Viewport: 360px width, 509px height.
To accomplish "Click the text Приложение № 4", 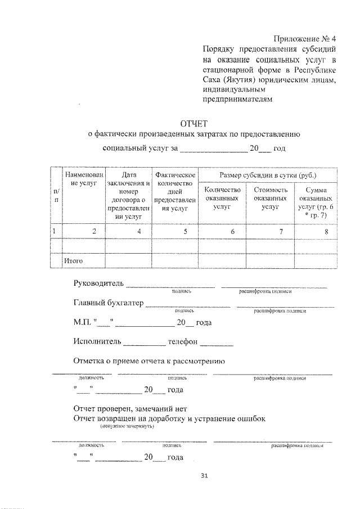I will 305,39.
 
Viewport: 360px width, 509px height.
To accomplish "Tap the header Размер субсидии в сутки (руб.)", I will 267,175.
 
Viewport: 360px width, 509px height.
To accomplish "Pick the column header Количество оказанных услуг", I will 223,199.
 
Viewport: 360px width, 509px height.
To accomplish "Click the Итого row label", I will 74,261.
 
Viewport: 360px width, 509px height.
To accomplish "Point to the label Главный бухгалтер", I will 108,303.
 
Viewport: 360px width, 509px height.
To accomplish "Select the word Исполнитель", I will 97,341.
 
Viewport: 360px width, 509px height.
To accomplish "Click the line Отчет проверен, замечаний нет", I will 129,408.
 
